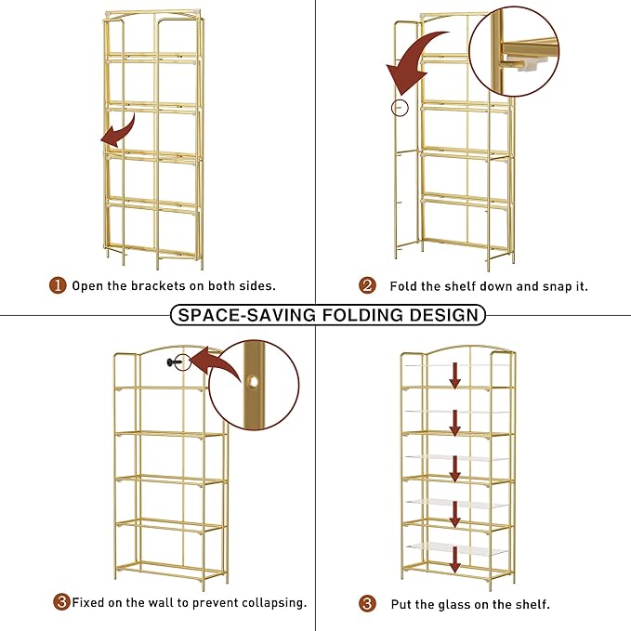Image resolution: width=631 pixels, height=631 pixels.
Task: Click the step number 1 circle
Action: pos(58,285)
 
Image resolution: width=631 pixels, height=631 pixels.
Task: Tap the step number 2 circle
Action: pos(368,285)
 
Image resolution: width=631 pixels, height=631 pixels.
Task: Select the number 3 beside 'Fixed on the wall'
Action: pos(61,602)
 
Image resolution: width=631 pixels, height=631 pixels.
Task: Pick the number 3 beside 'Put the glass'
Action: pos(368,603)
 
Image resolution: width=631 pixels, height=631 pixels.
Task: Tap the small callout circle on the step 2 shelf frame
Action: pos(399,108)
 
